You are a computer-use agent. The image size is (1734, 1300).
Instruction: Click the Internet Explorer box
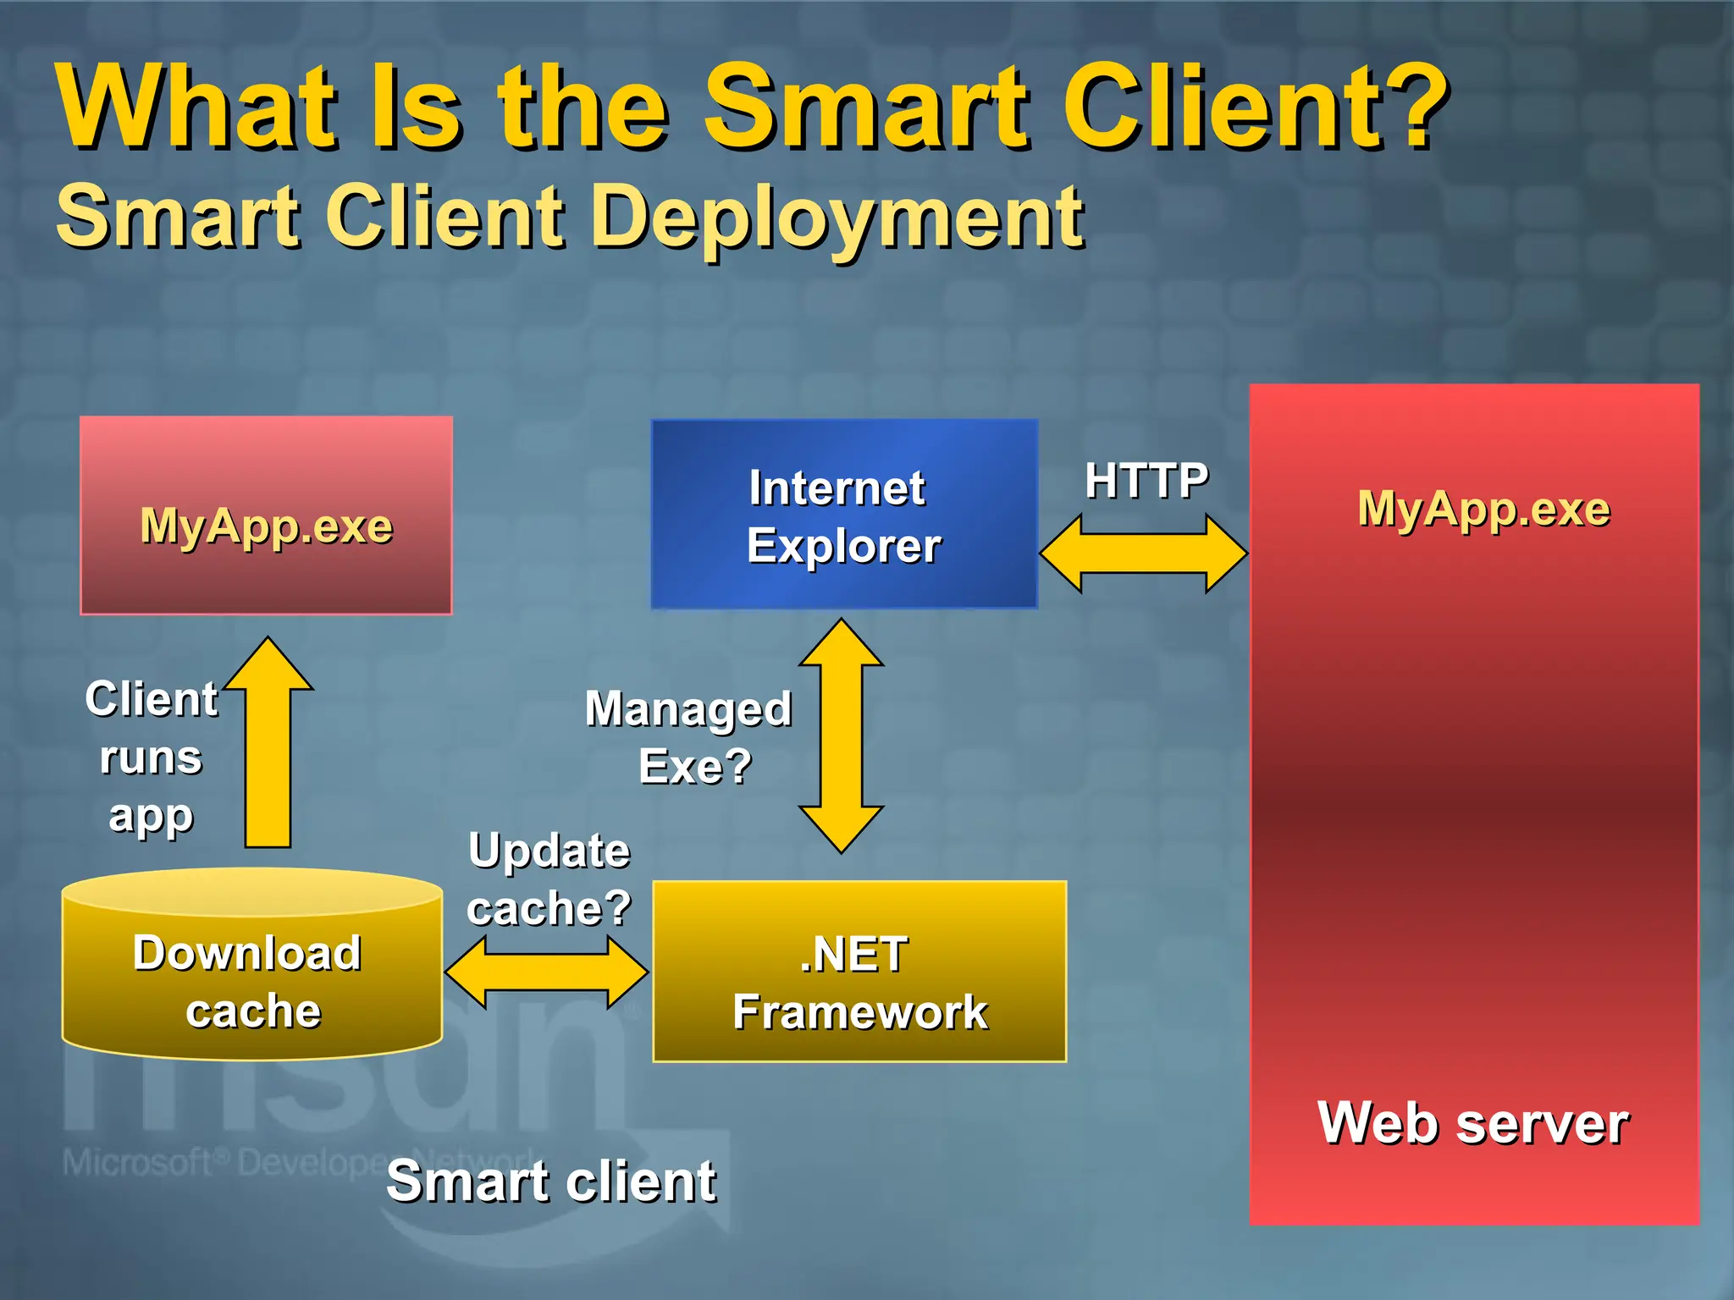pos(844,515)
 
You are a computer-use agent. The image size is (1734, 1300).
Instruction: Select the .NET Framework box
pos(859,972)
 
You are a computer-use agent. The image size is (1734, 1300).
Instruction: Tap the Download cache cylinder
pos(251,973)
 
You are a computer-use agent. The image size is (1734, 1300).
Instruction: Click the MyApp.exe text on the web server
pos(1483,510)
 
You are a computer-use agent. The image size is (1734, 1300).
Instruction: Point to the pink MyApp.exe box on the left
pos(266,515)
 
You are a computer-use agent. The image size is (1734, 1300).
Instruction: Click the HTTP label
pos(1146,481)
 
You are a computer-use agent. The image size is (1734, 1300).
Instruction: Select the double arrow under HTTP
pos(1143,554)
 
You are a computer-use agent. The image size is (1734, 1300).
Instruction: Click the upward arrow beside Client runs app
pos(268,745)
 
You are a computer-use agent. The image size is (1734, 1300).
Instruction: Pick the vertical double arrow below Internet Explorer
pos(841,735)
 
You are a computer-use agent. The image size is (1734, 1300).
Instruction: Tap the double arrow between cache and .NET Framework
pos(546,972)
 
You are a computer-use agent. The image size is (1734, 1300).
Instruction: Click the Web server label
pos(1473,1124)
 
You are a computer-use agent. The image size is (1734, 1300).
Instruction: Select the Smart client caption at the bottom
pos(551,1182)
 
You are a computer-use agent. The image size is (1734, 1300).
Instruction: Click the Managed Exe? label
pos(689,736)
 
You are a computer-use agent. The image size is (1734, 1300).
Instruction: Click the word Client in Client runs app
pos(151,700)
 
